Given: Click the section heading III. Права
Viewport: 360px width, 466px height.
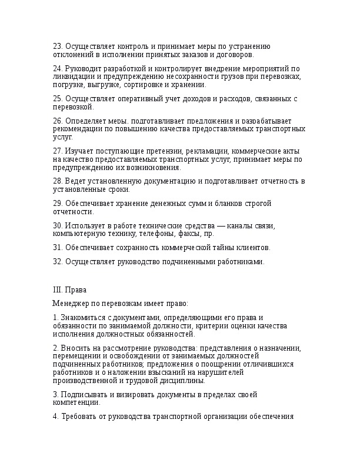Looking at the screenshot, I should pyautogui.click(x=70, y=290).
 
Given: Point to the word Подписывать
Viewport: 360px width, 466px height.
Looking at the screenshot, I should pyautogui.click(x=85, y=394).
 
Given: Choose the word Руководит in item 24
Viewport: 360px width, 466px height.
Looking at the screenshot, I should pyautogui.click(x=85, y=69).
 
